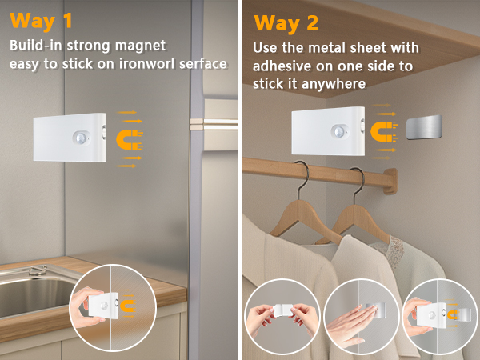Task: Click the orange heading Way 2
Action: click(286, 23)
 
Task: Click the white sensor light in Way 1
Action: click(70, 138)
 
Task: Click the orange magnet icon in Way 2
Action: click(386, 128)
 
